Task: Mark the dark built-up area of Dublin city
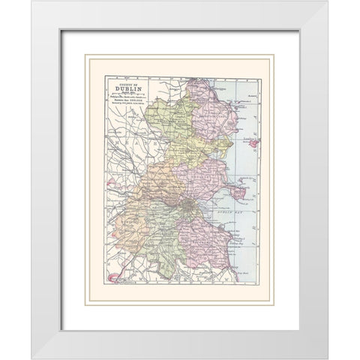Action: point(185,202)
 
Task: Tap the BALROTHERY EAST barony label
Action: point(217,116)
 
